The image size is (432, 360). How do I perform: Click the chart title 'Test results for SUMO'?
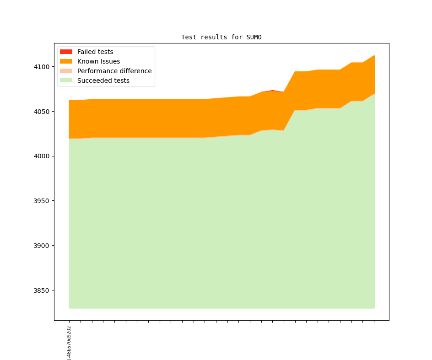click(x=221, y=37)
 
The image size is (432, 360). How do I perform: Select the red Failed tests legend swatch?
click(x=66, y=52)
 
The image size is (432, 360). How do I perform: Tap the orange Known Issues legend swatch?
click(x=66, y=61)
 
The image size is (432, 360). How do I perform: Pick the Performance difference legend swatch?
click(x=66, y=71)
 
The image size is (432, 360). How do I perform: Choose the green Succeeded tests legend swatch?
click(x=66, y=81)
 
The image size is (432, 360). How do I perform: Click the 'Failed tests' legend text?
click(x=95, y=52)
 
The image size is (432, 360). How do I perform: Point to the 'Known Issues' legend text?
click(x=98, y=61)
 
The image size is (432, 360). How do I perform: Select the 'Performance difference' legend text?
click(x=114, y=71)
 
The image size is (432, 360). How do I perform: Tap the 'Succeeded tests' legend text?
click(x=103, y=81)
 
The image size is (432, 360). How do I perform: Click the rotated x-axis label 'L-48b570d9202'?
click(x=69, y=343)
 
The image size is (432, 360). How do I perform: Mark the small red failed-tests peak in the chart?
click(x=273, y=91)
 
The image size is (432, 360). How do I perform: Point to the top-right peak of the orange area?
click(x=374, y=56)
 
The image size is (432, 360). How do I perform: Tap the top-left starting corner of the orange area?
click(x=70, y=101)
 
